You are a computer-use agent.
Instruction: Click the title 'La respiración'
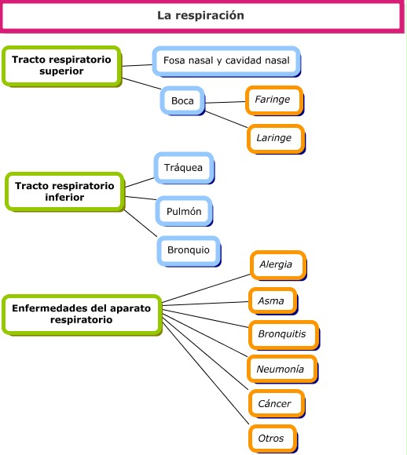point(200,16)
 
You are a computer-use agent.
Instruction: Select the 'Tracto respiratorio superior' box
point(61,65)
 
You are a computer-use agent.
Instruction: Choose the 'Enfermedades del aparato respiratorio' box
point(81,314)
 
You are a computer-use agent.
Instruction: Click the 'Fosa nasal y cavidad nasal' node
point(225,60)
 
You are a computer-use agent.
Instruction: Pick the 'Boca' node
point(182,100)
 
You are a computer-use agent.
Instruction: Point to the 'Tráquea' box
point(182,168)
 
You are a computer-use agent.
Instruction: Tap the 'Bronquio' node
point(188,249)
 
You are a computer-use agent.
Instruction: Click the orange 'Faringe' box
point(273,100)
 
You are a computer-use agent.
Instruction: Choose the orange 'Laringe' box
point(273,137)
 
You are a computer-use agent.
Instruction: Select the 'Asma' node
point(271,300)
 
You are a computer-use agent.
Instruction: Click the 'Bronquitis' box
point(281,334)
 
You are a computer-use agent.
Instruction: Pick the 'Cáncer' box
point(274,403)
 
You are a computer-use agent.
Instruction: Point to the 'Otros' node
point(271,438)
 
